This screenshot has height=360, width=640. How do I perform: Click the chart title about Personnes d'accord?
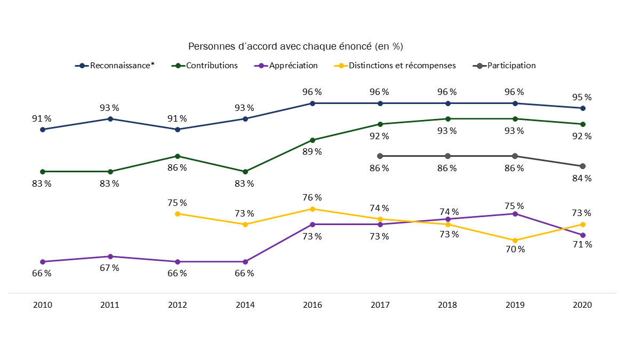click(x=295, y=46)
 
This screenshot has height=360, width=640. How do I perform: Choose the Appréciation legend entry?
click(x=293, y=66)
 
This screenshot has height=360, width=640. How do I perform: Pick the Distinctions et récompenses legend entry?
click(x=402, y=66)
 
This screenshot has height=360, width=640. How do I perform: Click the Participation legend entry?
click(x=511, y=66)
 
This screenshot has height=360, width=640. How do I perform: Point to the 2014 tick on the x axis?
click(x=245, y=305)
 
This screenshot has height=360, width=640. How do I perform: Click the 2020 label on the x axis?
click(x=582, y=305)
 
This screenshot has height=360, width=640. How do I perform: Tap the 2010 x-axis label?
click(x=43, y=305)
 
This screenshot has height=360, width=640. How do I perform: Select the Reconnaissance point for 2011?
click(x=110, y=119)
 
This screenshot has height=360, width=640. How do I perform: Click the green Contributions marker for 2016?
click(x=313, y=140)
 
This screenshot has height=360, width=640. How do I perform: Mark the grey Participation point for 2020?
click(x=582, y=166)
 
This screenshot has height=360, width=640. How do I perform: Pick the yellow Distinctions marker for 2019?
click(x=515, y=241)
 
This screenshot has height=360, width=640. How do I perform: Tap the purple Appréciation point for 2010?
click(x=43, y=262)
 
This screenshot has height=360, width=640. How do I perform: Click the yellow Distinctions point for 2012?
click(x=178, y=214)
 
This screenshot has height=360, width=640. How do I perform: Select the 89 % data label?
click(x=312, y=151)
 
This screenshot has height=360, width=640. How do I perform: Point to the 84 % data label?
click(x=582, y=178)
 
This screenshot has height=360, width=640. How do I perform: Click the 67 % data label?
click(x=110, y=268)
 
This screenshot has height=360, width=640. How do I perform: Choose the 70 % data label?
click(x=515, y=249)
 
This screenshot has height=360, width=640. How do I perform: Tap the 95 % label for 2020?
click(x=582, y=97)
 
